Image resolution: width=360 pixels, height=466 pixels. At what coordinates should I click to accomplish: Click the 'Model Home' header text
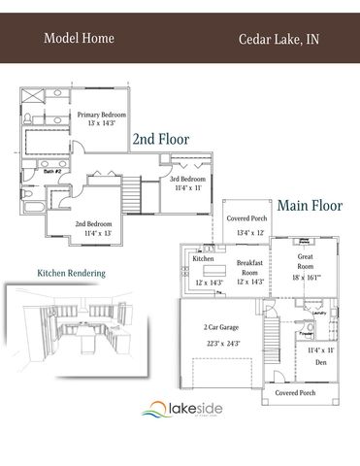coord(80,39)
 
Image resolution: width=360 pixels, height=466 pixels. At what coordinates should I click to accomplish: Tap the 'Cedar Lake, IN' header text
coord(278,40)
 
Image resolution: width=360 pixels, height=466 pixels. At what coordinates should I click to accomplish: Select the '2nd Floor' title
coord(160,138)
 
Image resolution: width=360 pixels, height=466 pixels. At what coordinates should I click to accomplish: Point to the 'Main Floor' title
coord(310,206)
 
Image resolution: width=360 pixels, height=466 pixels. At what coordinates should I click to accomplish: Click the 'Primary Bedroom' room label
coord(104,115)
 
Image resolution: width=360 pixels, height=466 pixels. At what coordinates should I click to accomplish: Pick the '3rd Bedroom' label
coord(187,180)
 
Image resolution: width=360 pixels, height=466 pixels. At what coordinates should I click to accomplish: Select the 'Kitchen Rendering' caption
coord(71,274)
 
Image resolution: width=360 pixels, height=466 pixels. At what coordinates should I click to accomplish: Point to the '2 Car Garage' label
coord(221,329)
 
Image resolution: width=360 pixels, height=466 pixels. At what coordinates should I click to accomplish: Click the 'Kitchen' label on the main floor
coord(203,259)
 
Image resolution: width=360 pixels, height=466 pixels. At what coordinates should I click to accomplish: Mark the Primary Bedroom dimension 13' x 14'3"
coord(104,123)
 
